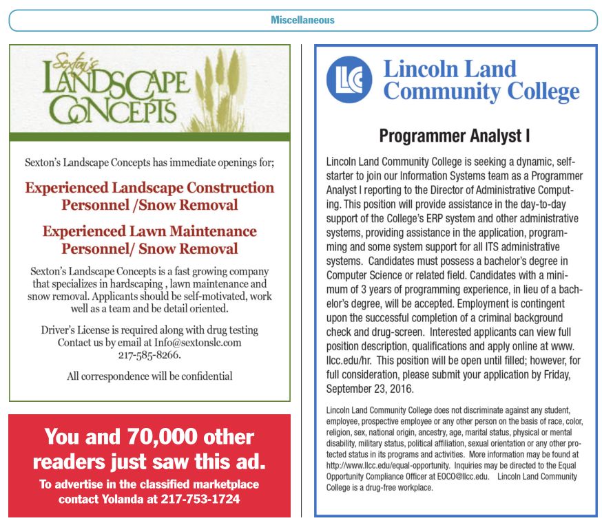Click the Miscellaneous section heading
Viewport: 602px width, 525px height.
[x=302, y=20]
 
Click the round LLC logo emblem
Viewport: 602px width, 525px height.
[x=349, y=80]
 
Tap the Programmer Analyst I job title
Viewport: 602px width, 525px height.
[x=454, y=136]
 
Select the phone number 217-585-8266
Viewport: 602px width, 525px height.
[x=149, y=356]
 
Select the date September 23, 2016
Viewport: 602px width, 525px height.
[x=369, y=389]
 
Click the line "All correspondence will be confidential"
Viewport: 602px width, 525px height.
[x=149, y=376]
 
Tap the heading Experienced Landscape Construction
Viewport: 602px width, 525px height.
[x=149, y=188]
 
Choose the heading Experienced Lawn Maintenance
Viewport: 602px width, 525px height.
[x=149, y=231]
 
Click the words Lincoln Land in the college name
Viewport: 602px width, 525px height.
[x=449, y=69]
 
